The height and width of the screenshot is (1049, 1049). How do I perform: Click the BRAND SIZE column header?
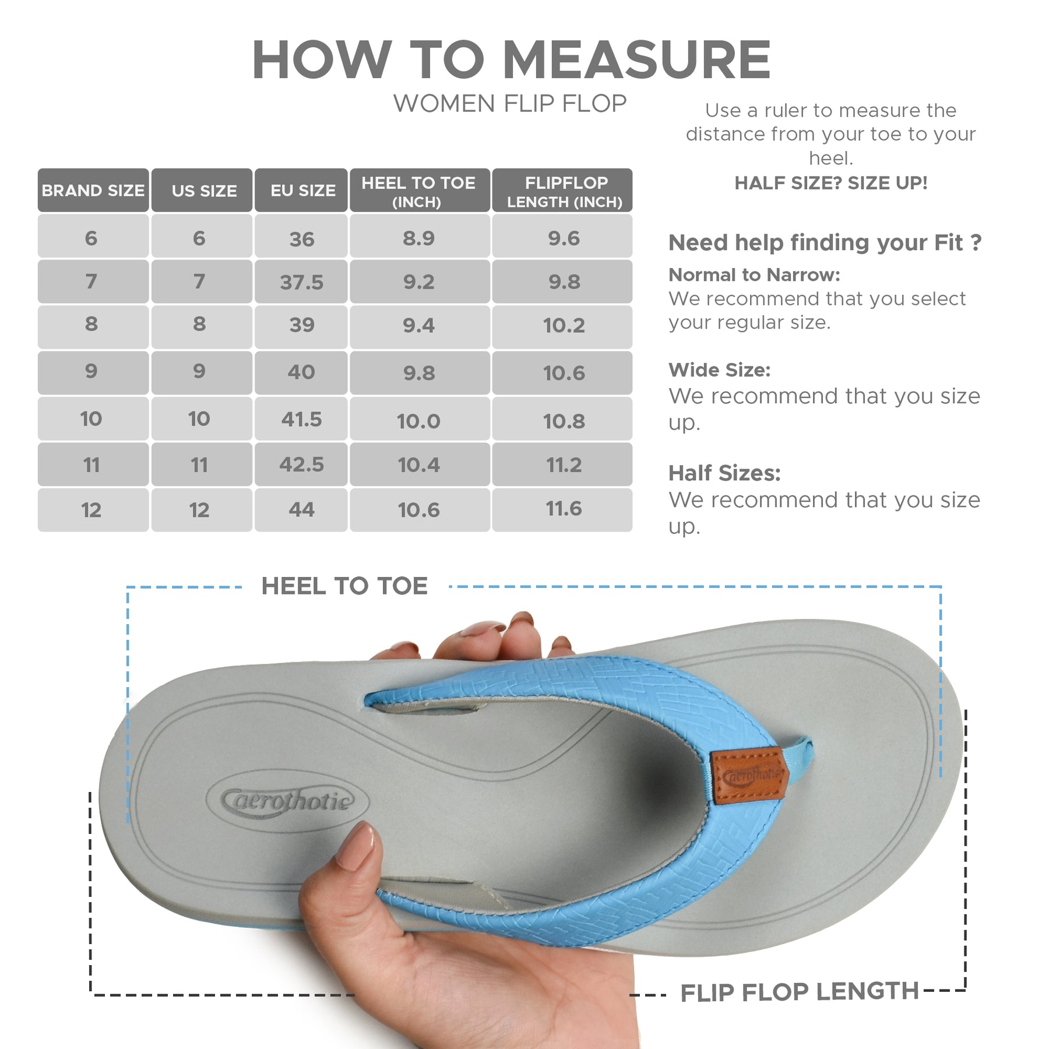point(93,190)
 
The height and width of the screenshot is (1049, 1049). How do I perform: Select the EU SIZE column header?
point(301,190)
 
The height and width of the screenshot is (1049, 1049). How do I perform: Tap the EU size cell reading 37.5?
point(301,281)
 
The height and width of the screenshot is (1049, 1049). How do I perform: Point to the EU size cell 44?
point(301,510)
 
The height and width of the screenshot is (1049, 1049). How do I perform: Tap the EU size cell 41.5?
point(301,418)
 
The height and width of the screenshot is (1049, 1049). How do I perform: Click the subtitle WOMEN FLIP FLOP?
point(510,104)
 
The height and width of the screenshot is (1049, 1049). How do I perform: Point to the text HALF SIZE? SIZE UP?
point(830,183)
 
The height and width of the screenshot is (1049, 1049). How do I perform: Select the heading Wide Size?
point(720,370)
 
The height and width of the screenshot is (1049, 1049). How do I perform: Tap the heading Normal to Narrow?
point(754,274)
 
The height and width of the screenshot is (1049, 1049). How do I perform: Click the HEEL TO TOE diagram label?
point(344,586)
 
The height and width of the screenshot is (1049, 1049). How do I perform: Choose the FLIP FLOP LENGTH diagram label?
point(800,992)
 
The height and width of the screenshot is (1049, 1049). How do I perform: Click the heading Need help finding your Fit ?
point(825,242)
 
